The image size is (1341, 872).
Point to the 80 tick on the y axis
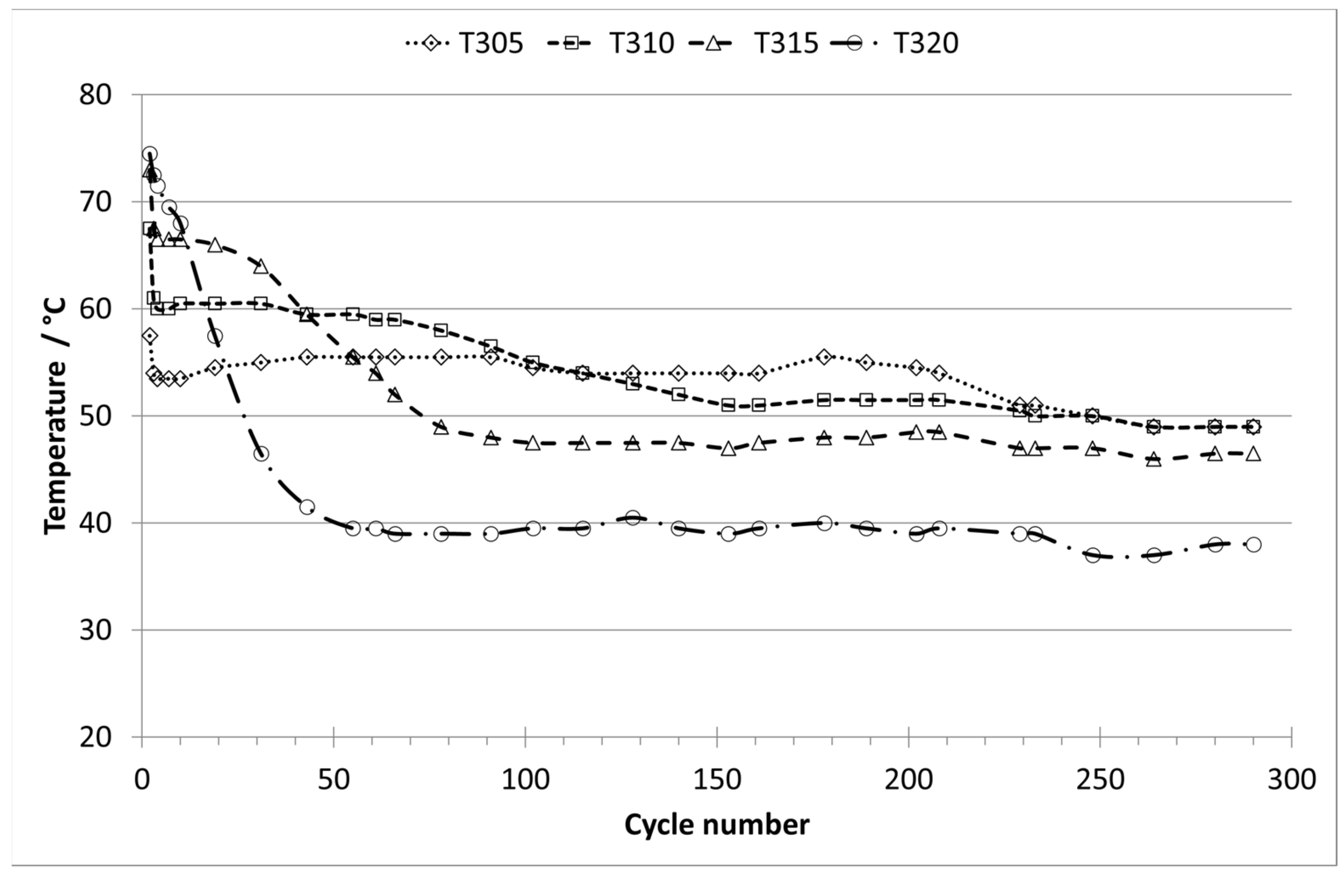pos(95,94)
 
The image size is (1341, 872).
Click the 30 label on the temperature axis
pos(95,630)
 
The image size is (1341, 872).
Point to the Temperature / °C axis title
pos(55,415)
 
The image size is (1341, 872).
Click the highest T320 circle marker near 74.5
pos(149,154)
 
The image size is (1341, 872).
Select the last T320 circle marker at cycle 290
pos(1254,545)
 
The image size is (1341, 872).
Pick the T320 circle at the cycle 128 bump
pos(633,518)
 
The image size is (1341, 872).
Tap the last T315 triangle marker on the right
pos(1254,454)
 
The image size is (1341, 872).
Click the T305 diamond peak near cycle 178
pos(824,357)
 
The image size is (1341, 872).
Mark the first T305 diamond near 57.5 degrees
pos(149,336)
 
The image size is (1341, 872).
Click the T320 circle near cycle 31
pos(261,454)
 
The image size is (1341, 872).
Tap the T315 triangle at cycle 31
pos(261,266)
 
